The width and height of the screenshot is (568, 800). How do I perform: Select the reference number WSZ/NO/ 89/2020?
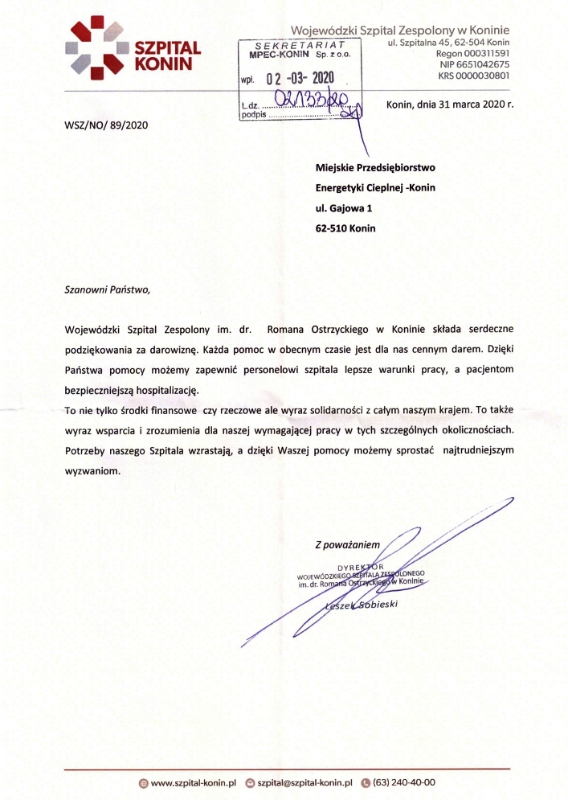(x=105, y=125)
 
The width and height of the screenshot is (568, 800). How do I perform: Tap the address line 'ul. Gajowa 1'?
(x=344, y=208)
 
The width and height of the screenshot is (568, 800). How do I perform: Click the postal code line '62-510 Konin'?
(x=345, y=228)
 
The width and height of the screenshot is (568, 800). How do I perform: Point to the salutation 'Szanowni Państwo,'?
(x=107, y=287)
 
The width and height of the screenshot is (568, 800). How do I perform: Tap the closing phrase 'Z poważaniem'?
(x=347, y=544)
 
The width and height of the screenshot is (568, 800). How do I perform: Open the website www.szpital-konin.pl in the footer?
(x=192, y=782)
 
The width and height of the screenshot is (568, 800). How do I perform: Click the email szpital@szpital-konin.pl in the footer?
(x=304, y=782)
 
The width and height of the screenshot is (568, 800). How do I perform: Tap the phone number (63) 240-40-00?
(x=404, y=782)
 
